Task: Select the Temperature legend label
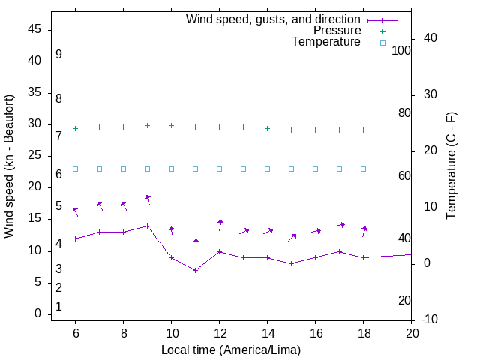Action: [326, 42]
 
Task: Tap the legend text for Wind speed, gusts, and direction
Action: [274, 19]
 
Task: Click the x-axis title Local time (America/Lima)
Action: [231, 349]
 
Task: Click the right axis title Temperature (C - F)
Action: [451, 166]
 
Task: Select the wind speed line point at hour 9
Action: [148, 226]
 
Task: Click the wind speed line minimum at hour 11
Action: [196, 270]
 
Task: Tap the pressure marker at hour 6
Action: [75, 128]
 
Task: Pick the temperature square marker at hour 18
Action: [364, 169]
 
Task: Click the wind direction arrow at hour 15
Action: [292, 237]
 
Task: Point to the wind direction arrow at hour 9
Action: [148, 199]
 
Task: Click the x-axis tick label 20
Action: [412, 332]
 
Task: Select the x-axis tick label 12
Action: [219, 332]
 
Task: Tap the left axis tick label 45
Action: [34, 29]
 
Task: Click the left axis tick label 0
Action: [38, 314]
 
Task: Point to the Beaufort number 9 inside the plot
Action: [58, 55]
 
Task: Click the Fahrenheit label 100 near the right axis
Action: [401, 50]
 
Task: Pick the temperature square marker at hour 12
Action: [220, 169]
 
